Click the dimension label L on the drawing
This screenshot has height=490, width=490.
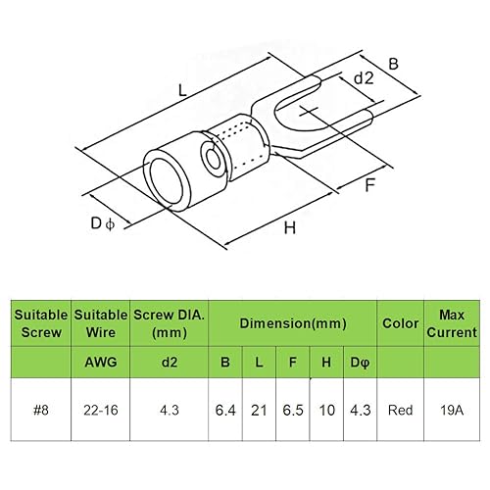pos(182,90)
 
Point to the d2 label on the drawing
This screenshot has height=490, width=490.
pos(364,78)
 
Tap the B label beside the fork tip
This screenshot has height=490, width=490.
pos(394,64)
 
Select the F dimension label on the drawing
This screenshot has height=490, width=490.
pos(370,185)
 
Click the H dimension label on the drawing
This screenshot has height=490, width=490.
pos(290,227)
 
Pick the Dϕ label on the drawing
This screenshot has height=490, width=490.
pos(103,223)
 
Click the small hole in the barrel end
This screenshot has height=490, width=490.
pos(214,158)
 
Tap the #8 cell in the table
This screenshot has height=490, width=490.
pos(41,410)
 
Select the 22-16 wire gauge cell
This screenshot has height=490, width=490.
pos(101,410)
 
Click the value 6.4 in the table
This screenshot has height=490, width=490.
pos(225,410)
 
